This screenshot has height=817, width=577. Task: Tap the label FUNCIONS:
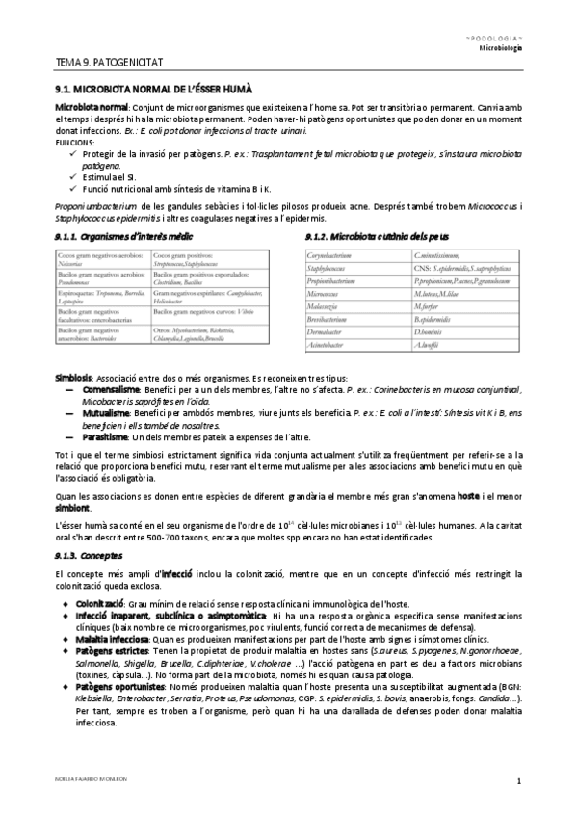point(75,142)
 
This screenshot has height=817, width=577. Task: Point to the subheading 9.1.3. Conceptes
point(90,556)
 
